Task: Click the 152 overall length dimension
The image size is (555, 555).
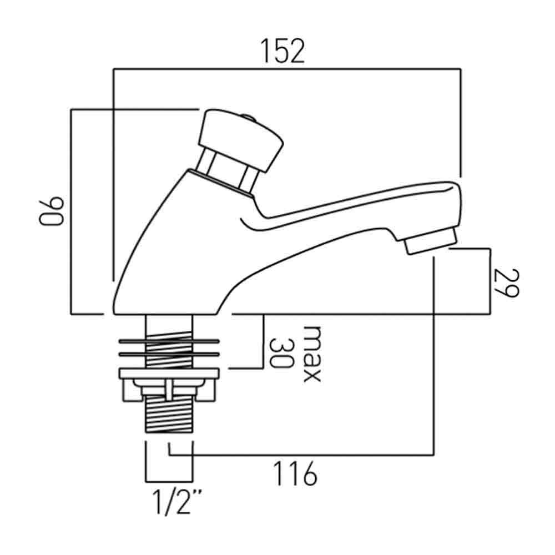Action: [283, 51]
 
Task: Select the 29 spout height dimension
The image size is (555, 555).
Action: [504, 282]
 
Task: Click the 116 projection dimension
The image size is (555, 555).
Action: [295, 475]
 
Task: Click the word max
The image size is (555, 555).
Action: [311, 354]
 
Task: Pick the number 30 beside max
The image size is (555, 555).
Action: [281, 354]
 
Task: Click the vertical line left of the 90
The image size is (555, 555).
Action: [71, 211]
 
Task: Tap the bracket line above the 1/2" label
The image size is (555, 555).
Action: [169, 481]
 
